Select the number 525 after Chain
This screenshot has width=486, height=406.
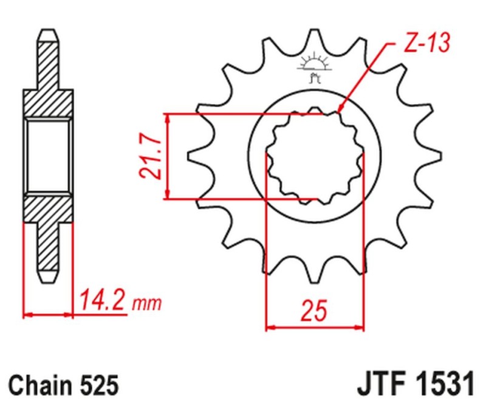coord(95,386)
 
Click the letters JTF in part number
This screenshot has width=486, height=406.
coord(375,385)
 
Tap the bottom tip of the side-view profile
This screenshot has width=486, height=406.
coord(48,281)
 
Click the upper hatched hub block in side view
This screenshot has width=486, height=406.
coord(48,103)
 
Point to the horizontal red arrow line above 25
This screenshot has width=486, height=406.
coord(315,327)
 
